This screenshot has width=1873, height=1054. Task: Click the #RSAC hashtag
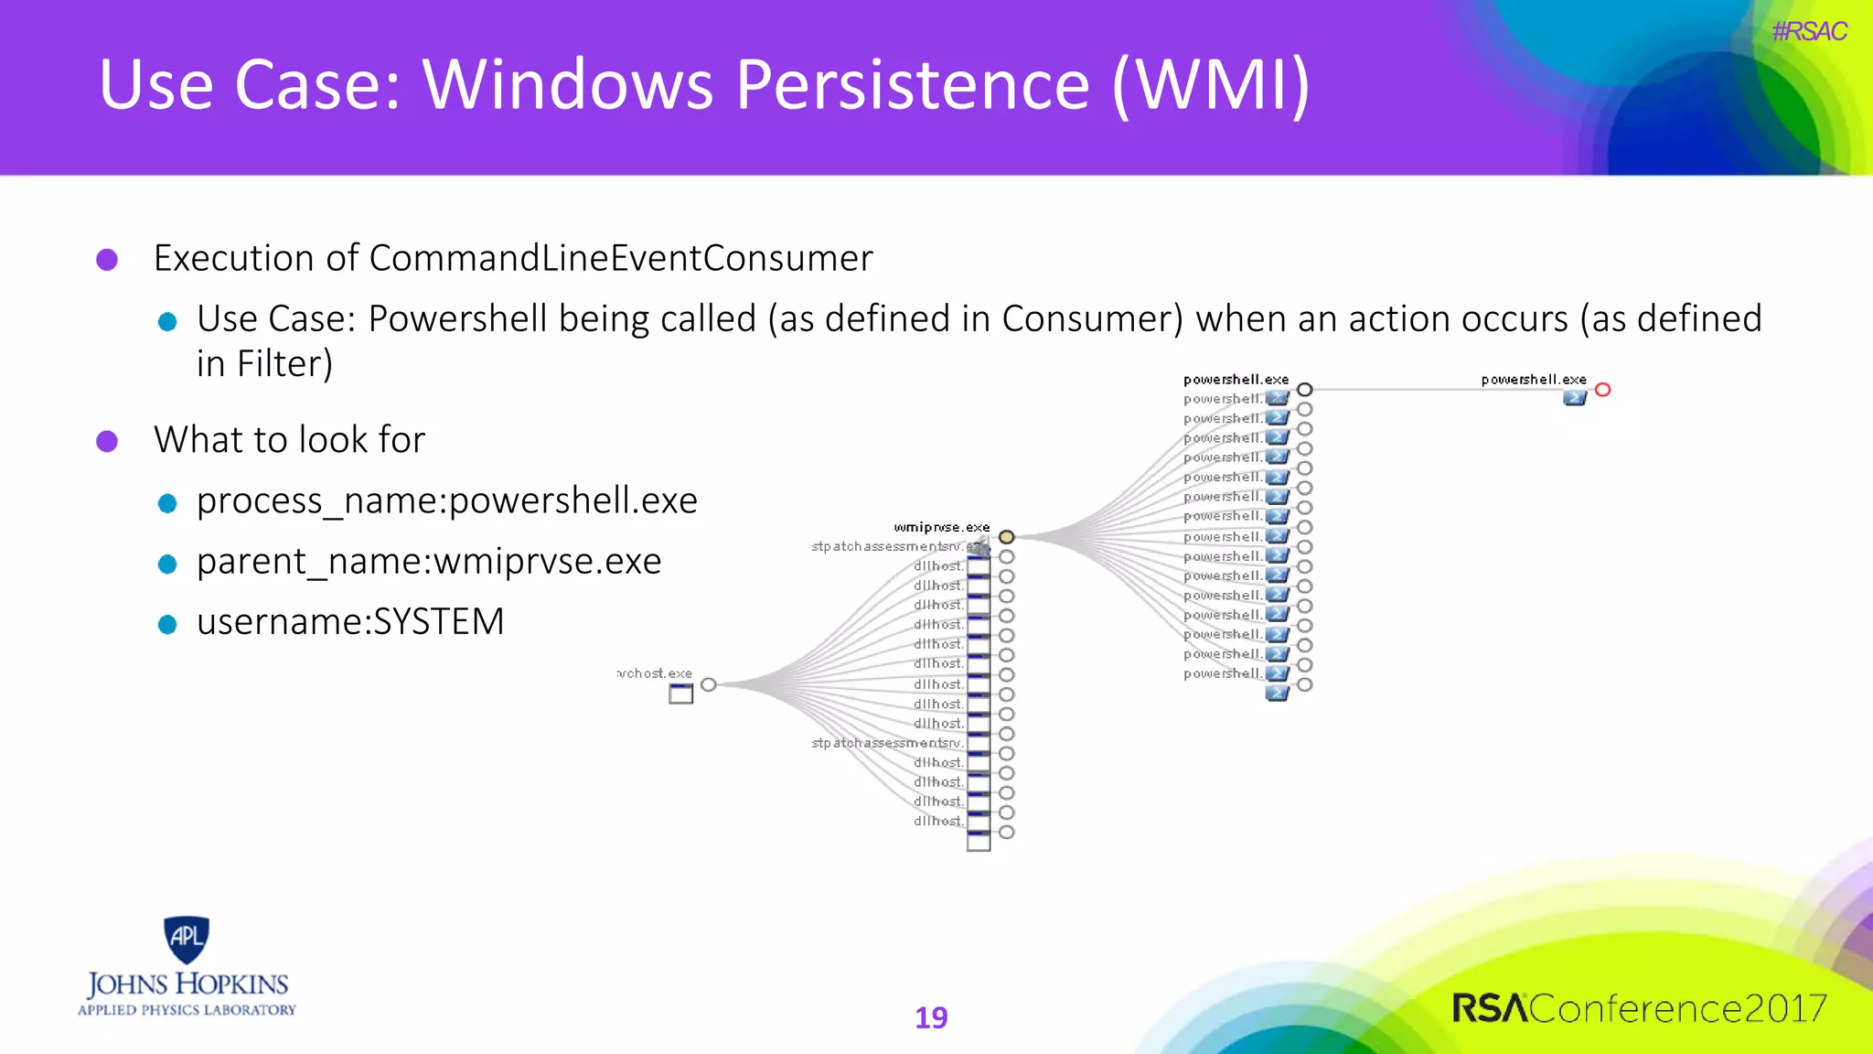1808,32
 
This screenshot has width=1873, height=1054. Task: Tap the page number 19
931,1017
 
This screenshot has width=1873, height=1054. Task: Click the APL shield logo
187,939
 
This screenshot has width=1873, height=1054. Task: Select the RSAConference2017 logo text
1639,1008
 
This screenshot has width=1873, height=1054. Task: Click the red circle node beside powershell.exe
1602,390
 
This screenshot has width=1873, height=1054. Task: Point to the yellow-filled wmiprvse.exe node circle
1006,537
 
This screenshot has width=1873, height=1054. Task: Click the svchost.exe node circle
708,684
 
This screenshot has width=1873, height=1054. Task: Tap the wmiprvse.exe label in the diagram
941,527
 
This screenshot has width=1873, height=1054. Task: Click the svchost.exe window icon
680,694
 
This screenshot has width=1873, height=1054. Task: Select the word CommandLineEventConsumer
620,258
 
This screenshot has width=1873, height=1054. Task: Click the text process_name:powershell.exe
446,500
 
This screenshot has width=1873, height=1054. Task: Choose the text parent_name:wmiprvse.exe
428,561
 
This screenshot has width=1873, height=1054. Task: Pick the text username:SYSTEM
349,621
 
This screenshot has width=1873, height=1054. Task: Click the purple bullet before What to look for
107,441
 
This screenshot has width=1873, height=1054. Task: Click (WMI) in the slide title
1211,85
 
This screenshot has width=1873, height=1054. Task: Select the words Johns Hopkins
187,984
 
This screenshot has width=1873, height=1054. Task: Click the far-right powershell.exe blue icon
1574,398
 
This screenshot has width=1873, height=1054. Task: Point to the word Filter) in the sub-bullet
284,364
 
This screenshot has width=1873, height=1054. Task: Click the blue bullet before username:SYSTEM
167,624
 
